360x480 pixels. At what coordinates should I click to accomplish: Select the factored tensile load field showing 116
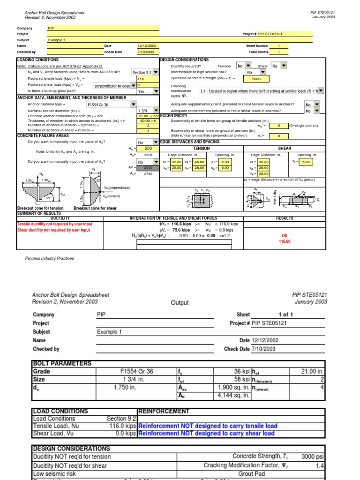pos(148,79)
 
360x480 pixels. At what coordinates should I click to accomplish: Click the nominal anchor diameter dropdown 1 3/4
pos(148,111)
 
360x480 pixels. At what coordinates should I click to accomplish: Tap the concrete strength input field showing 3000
pos(256,79)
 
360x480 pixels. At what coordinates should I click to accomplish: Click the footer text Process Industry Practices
pos(49,258)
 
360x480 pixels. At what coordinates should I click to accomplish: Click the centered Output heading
pos(180,303)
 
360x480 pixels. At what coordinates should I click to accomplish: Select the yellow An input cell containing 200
pos(148,148)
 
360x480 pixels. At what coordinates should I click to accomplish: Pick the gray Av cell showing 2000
pos(148,167)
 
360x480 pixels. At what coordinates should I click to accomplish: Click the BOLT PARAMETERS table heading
pos(62,363)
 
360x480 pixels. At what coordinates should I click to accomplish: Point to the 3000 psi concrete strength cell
pos(310,456)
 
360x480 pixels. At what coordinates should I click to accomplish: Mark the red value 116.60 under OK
pos(285,241)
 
